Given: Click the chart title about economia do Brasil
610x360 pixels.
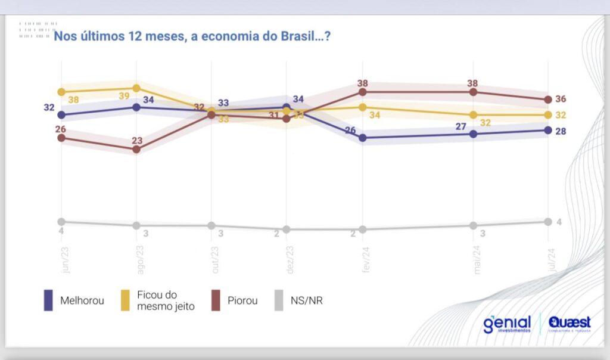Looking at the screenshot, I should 192,36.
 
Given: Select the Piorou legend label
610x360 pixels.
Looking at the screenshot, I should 242,300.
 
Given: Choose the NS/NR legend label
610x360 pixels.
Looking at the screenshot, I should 307,300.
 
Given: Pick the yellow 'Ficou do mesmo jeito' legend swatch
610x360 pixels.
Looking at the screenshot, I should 126,300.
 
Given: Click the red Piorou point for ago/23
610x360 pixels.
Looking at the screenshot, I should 136,149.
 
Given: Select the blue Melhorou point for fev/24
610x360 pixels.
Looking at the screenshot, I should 362,138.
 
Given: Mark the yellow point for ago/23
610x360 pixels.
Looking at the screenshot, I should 136,88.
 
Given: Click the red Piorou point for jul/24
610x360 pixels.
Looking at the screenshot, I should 548,100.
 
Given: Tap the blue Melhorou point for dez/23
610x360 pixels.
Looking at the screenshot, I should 287,107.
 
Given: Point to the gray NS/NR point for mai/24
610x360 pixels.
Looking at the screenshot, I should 473,225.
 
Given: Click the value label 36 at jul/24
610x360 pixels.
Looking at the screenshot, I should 561,100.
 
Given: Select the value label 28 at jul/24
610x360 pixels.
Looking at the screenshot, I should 561,131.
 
